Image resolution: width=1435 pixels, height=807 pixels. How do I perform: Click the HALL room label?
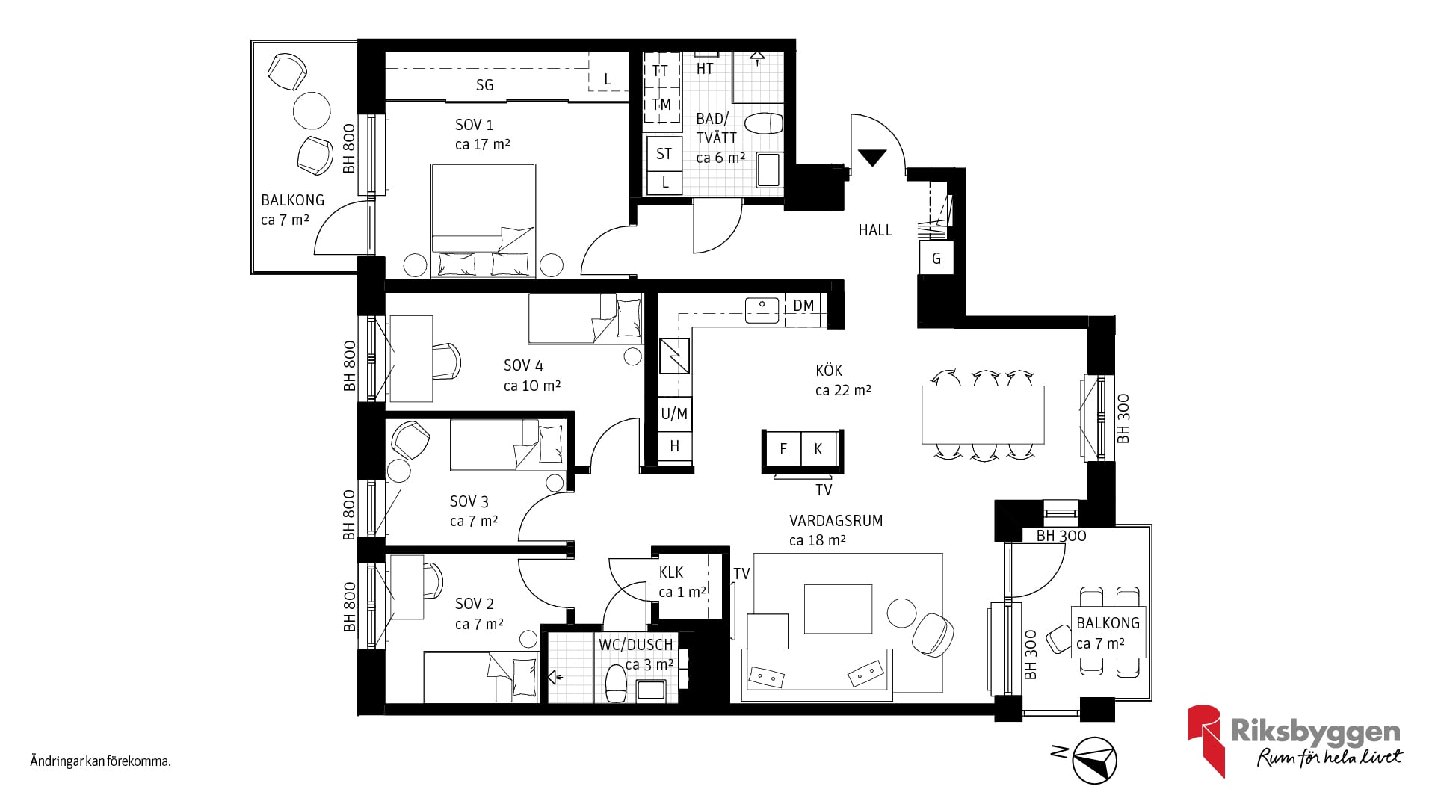875,230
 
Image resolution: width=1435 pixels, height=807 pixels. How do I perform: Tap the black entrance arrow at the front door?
872,157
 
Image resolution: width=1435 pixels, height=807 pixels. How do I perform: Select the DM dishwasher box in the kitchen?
803,306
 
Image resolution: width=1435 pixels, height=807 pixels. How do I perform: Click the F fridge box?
783,448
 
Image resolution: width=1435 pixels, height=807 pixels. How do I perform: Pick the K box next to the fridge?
819,448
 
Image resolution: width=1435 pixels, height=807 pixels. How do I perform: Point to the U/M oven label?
674,414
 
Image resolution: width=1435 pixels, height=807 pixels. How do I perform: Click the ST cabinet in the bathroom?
664,154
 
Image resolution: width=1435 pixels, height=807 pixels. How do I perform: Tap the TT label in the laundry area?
661,71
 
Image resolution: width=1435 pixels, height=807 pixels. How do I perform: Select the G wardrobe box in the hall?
936,259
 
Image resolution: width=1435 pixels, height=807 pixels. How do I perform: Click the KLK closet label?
671,572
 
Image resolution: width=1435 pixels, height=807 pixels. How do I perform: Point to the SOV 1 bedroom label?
475,125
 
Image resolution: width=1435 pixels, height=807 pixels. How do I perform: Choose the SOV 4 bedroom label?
523,365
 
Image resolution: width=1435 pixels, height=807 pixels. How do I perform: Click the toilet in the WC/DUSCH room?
616,684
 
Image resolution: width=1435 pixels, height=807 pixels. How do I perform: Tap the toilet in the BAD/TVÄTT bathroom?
764,123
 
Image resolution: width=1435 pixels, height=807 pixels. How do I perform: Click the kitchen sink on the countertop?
762,308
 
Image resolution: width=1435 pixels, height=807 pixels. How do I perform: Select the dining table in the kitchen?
983,415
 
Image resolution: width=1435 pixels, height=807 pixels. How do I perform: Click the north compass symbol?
1094,761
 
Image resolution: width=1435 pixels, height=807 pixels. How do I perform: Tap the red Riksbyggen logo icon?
1206,740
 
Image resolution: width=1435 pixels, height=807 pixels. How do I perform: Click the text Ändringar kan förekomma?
101,762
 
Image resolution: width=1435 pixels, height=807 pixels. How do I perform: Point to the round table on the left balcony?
312,110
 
